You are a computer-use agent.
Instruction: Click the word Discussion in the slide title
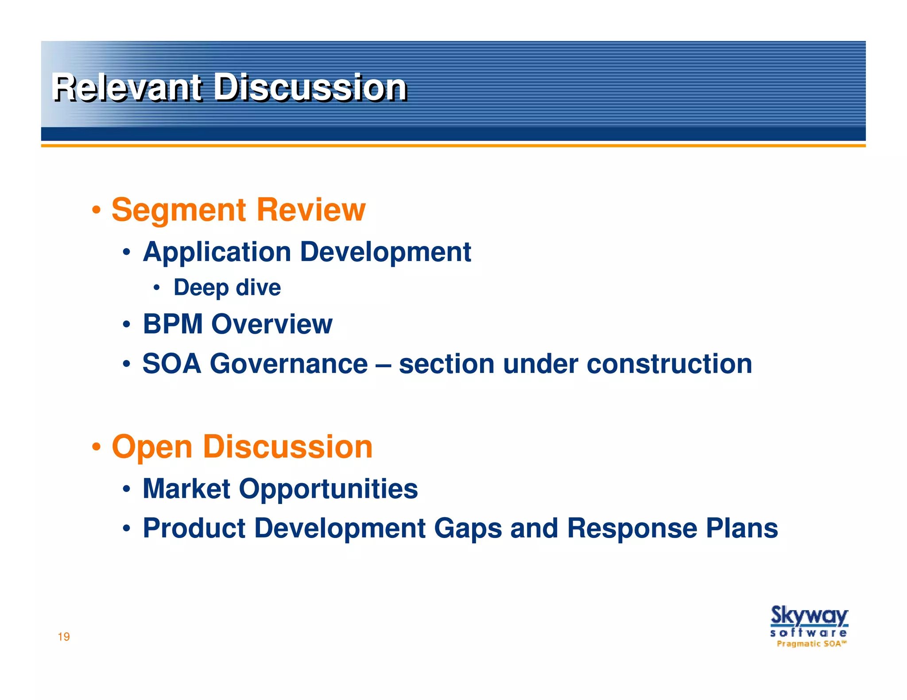click(x=310, y=88)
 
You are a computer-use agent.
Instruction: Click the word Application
click(x=217, y=252)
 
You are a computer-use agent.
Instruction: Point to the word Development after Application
click(x=385, y=252)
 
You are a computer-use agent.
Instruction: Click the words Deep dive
click(x=227, y=288)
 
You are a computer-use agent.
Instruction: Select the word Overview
click(x=271, y=324)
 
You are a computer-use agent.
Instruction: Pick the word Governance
click(x=288, y=364)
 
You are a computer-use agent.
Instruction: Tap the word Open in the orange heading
click(x=152, y=446)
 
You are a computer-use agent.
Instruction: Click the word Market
click(x=186, y=488)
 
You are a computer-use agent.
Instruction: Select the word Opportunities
click(x=328, y=489)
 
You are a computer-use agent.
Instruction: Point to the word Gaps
click(x=468, y=528)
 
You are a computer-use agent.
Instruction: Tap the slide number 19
click(x=64, y=637)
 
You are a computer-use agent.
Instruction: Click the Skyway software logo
click(x=809, y=626)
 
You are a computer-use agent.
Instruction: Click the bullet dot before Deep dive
click(x=156, y=288)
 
